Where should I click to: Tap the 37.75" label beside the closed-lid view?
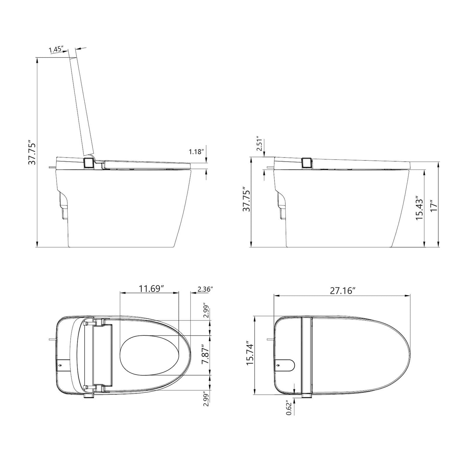click(x=246, y=200)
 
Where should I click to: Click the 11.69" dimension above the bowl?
click(x=151, y=289)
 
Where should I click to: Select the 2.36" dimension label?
click(x=205, y=289)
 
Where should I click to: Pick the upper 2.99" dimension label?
click(x=206, y=310)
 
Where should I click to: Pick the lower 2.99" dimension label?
click(x=206, y=399)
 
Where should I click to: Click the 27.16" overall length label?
click(x=343, y=290)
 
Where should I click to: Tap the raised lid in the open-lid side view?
click(x=82, y=103)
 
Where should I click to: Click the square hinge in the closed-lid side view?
click(x=307, y=163)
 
